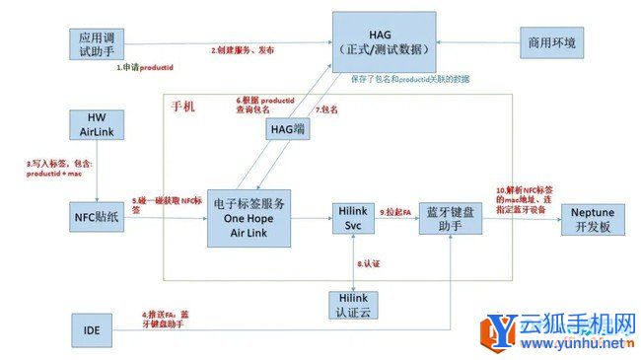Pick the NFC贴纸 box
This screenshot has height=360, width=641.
[x=98, y=213]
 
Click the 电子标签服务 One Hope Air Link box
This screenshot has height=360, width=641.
[x=249, y=217]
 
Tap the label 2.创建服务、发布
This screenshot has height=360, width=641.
[x=243, y=49]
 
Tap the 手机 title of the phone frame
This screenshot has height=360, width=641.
[x=183, y=105]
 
